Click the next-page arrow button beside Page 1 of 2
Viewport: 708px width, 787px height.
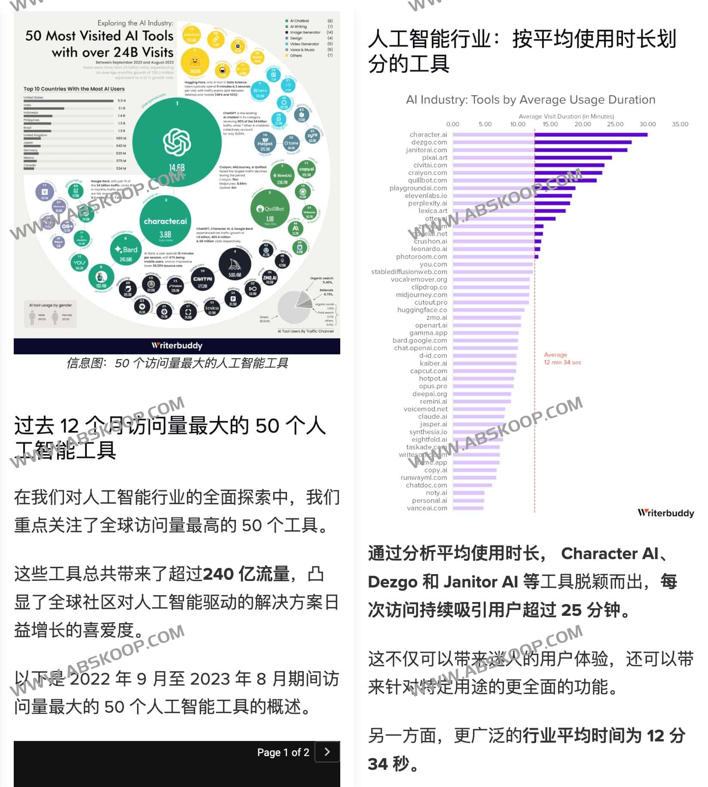tap(327, 752)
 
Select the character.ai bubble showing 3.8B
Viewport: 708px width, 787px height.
tap(165, 224)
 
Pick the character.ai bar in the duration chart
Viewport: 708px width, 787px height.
tap(550, 135)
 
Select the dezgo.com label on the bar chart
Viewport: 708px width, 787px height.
tap(429, 142)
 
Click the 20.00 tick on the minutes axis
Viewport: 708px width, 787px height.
tap(583, 124)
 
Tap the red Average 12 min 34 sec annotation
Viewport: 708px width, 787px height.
tap(562, 359)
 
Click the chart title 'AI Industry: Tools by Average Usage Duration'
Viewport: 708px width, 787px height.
tap(531, 100)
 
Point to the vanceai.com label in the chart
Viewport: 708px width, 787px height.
tap(427, 508)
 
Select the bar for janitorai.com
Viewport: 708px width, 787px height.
tap(540, 150)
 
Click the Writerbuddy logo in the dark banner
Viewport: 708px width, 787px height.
tap(177, 346)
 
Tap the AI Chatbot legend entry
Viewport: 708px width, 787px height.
tap(299, 21)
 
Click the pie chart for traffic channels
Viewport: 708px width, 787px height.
tap(295, 307)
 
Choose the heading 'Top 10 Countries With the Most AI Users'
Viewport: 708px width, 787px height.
tap(74, 89)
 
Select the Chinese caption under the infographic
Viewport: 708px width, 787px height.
tap(177, 363)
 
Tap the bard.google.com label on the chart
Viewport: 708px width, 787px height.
tap(419, 340)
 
